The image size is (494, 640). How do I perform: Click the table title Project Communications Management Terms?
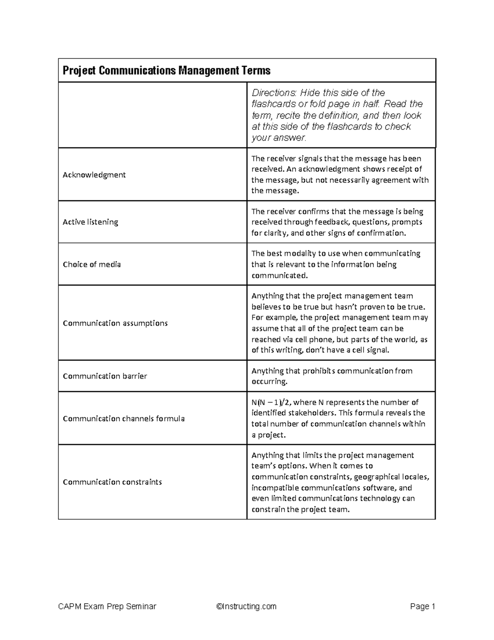pos(166,70)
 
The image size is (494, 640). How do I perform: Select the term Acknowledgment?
pos(94,175)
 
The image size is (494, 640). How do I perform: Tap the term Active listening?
pos(90,222)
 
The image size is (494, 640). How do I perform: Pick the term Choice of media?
pos(91,265)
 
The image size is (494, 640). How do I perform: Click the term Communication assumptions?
pos(115,323)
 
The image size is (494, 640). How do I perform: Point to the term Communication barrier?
pos(105,376)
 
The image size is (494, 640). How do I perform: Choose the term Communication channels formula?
pos(123,419)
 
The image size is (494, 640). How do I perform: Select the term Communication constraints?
pos(112,482)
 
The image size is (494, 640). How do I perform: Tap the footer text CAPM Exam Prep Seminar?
pos(107,606)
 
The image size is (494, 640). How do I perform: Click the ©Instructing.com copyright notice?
pos(246,606)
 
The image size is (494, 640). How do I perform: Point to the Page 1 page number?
pos(422,606)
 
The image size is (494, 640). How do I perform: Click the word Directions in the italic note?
pos(273,93)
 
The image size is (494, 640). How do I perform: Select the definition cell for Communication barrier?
pos(341,376)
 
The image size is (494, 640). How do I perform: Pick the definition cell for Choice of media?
pos(341,265)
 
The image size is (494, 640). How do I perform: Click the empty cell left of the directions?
pos(152,115)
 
